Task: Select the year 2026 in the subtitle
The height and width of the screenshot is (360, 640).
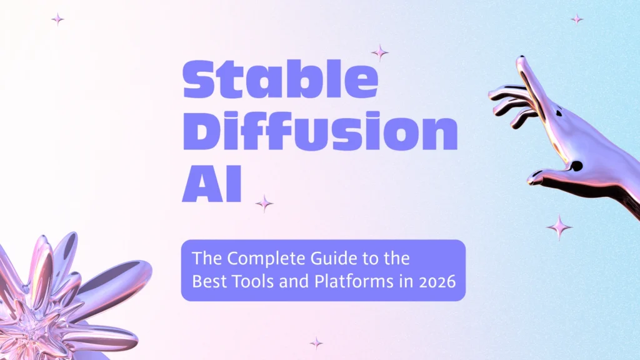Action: tap(431, 281)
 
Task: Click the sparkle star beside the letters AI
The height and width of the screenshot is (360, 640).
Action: tap(264, 203)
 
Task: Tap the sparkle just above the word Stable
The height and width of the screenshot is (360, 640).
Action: tap(379, 52)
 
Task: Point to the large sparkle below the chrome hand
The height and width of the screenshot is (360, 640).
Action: tap(559, 227)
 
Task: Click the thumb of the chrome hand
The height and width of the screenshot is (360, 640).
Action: tap(550, 176)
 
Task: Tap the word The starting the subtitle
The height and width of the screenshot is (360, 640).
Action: tap(204, 258)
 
